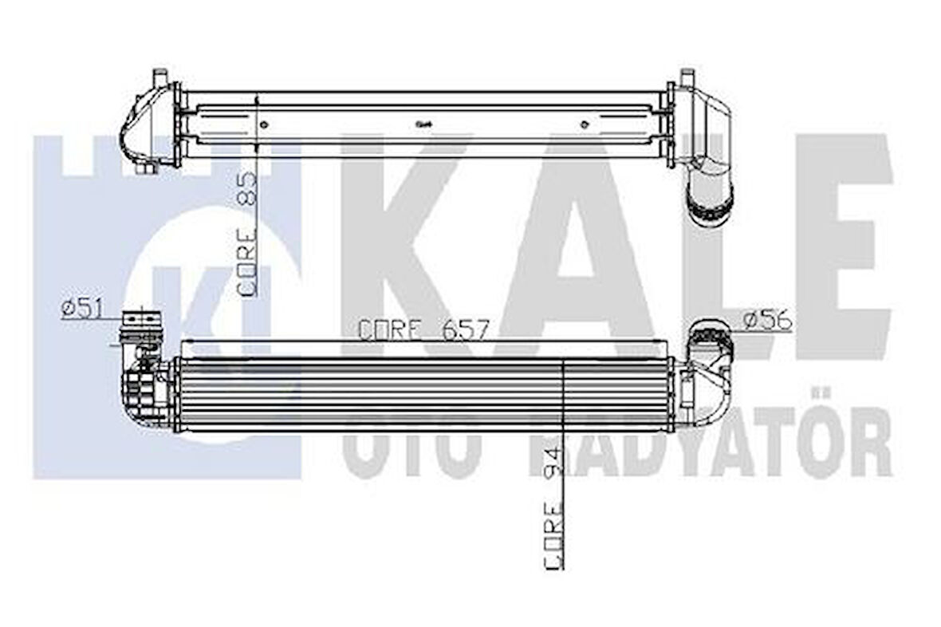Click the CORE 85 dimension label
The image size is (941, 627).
click(x=246, y=235)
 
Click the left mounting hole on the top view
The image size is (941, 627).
click(x=265, y=124)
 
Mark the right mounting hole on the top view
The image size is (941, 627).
click(x=585, y=124)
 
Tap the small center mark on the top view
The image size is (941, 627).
click(x=423, y=124)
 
